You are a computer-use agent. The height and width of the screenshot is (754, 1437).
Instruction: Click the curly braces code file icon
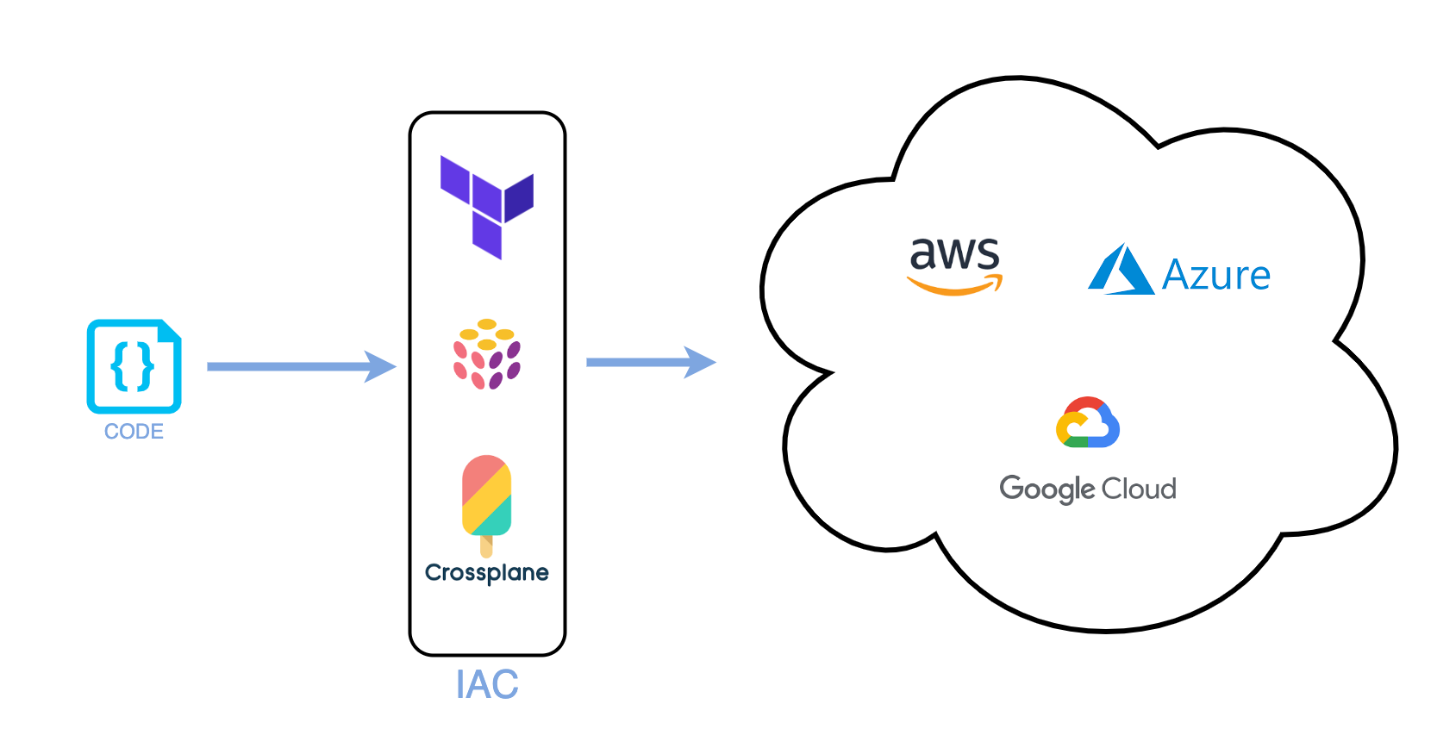(134, 366)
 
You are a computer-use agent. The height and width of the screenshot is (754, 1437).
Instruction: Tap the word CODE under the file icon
(134, 432)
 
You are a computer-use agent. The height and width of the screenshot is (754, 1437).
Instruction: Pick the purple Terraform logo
(487, 207)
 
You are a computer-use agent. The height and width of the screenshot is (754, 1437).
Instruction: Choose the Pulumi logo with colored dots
(487, 354)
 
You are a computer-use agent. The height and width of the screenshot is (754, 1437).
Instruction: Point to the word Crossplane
(487, 573)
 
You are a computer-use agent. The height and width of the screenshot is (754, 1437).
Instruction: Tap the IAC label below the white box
(487, 685)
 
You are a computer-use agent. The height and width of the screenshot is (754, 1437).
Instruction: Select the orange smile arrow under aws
(955, 286)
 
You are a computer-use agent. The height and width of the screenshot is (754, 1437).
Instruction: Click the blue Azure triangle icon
(1121, 271)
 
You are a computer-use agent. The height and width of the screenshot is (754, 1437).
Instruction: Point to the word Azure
(1215, 276)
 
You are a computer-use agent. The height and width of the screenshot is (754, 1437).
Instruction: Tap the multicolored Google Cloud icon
(1088, 422)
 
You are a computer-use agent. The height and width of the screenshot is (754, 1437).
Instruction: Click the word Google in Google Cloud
(1047, 489)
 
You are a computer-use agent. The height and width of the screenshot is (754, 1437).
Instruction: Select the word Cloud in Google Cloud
(1139, 489)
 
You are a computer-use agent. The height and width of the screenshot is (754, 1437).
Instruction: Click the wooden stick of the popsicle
(486, 546)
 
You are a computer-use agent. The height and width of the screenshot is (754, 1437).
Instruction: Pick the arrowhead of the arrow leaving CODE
(381, 366)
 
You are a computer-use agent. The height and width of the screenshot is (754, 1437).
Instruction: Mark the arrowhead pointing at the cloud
(700, 363)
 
